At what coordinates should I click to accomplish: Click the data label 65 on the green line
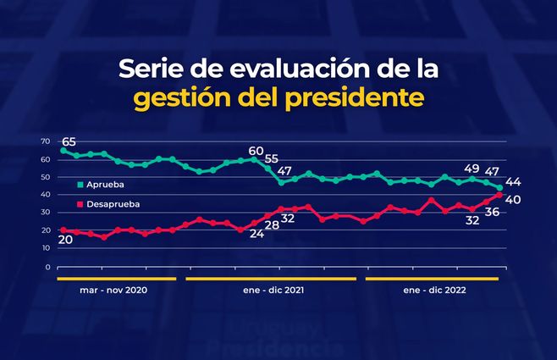point(69,141)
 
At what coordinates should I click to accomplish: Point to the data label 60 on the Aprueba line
point(256,150)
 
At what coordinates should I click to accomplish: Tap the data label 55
point(271,158)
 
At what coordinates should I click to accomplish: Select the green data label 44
point(512,182)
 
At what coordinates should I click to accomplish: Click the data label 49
point(472,168)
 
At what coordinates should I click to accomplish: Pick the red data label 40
point(512,199)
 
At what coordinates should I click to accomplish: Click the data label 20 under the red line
point(65,240)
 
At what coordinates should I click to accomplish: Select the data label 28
point(271,226)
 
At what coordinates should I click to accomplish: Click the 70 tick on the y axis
point(45,141)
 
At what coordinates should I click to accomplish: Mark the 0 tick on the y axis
point(47,267)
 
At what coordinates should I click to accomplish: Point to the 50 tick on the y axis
point(45,177)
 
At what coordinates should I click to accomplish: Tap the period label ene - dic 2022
point(433,290)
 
